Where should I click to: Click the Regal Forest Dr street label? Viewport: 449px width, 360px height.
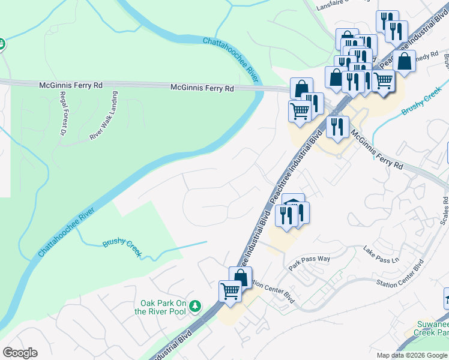click(61, 113)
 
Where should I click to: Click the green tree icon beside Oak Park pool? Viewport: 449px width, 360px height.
click(194, 307)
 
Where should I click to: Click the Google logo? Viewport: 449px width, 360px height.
click(20, 353)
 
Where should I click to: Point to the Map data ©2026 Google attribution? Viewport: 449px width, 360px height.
click(412, 355)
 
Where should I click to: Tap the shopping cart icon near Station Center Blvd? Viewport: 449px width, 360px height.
click(230, 291)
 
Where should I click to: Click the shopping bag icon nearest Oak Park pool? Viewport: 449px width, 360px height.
click(240, 277)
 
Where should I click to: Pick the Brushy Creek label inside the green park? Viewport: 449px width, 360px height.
click(122, 247)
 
